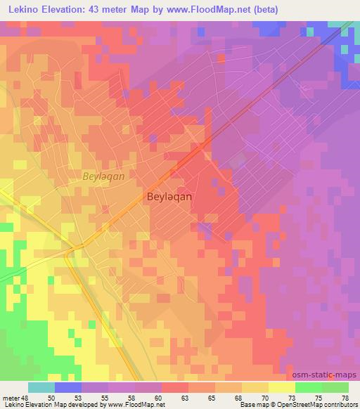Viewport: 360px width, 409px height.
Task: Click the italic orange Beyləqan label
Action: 103,177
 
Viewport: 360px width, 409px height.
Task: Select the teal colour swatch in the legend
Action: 42,387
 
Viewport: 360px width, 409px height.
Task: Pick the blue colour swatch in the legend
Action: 68,387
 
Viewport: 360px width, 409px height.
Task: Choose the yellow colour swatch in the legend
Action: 282,387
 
